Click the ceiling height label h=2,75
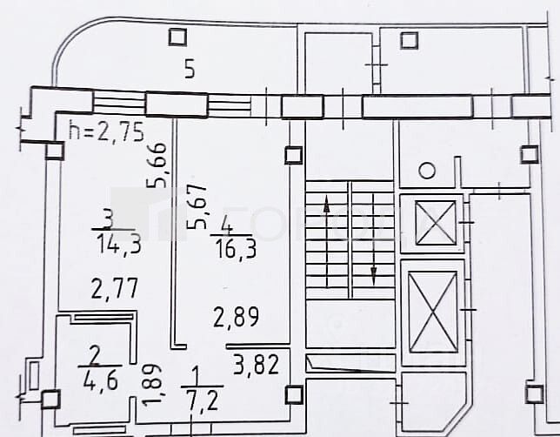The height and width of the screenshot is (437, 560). [x=105, y=133]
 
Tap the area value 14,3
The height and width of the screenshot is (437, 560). [x=120, y=245]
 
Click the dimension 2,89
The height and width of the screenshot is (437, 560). [x=237, y=318]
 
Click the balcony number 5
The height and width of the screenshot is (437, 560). [x=189, y=70]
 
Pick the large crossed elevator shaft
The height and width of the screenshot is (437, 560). [x=432, y=311]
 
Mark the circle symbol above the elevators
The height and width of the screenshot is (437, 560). [x=427, y=171]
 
